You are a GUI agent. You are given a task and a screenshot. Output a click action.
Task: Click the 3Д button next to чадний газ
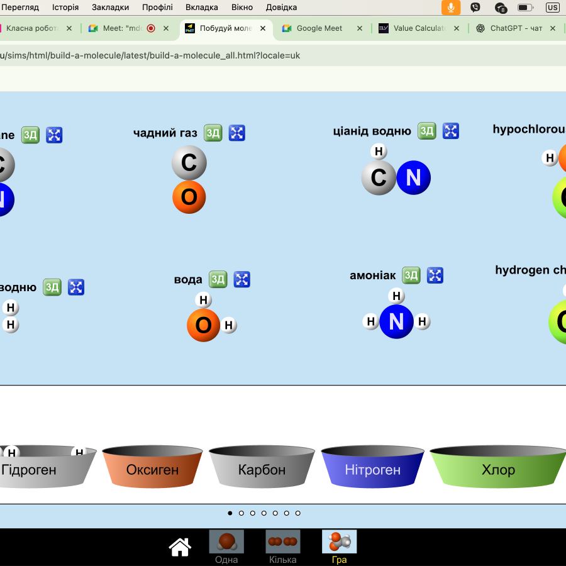[213, 133]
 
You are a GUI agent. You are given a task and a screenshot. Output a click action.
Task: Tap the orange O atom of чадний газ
[189, 197]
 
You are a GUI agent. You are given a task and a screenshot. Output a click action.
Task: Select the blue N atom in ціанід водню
[413, 178]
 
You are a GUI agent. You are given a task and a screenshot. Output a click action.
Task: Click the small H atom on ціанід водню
[379, 152]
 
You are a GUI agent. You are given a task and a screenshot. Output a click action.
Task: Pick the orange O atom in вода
[203, 325]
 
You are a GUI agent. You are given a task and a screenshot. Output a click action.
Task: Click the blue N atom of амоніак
[396, 321]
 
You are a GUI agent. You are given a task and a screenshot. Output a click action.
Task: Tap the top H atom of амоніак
[396, 296]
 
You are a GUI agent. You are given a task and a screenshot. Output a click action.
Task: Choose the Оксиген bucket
[152, 469]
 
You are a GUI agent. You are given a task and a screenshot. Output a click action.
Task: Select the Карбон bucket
[262, 469]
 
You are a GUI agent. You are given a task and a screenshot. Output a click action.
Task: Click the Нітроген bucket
[372, 469]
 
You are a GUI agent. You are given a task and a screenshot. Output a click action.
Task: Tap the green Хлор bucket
[498, 469]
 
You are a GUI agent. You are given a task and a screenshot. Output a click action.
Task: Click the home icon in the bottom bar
[180, 547]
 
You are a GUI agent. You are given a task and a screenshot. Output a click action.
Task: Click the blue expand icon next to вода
[242, 279]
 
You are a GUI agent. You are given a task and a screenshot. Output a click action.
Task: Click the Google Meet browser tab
[319, 28]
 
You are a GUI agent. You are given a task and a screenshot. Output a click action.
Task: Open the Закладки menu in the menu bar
[110, 7]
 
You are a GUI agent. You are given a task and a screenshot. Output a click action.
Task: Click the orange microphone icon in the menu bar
[450, 8]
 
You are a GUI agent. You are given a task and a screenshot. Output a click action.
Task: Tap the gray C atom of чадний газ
[189, 162]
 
